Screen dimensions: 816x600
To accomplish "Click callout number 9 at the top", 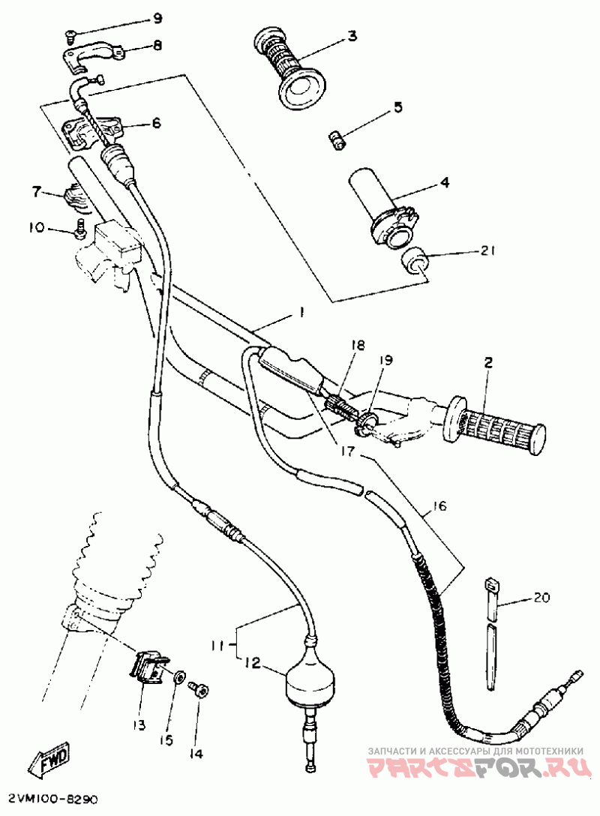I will pos(157,18).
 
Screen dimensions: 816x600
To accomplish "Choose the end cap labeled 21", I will pos(415,263).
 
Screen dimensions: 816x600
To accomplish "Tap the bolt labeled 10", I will pos(79,228).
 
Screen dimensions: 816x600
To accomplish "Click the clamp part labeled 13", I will pos(148,665).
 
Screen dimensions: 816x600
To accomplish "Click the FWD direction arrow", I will pos(51,761).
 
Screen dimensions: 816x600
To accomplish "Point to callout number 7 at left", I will pos(36,192).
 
